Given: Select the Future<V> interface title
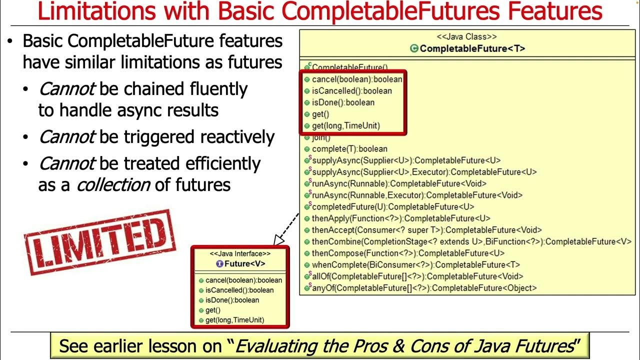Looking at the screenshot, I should tap(240, 264).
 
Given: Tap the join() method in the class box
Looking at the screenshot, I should tap(321, 137).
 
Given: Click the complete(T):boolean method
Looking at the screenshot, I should tap(349, 149).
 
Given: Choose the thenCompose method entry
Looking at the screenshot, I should tap(408, 253).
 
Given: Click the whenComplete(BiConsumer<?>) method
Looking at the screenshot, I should tap(415, 265).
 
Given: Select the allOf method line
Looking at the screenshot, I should tap(417, 276).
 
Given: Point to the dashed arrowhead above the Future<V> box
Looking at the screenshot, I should tap(276, 241).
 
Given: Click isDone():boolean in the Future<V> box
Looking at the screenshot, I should tap(232, 300).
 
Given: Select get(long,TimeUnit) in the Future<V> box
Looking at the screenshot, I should tap(234, 320).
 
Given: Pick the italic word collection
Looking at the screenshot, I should tap(112, 184).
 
